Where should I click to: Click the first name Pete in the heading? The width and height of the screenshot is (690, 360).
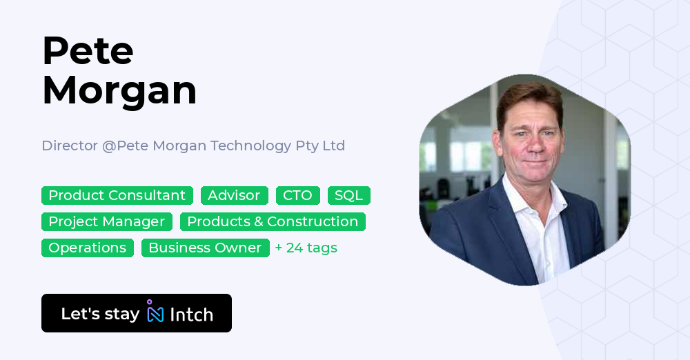coord(88,50)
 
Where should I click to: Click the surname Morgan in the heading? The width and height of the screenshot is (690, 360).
coord(119,90)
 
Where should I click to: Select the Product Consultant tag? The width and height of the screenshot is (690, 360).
coord(117,195)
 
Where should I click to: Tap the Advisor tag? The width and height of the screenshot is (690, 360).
coord(234,195)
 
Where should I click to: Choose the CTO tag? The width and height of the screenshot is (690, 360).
coord(298,195)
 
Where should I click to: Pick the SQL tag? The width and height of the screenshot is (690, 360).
coord(348,195)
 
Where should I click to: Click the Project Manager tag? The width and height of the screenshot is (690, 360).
coord(106,221)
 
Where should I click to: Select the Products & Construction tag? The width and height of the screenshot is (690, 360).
coord(273,221)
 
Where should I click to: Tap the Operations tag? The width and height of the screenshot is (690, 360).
coord(87,248)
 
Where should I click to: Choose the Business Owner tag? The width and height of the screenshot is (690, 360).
coord(205,248)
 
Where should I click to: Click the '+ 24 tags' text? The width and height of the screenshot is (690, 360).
coord(306,248)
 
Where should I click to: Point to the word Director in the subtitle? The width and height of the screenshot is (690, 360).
coord(70,146)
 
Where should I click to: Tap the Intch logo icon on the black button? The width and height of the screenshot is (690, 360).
coord(155,312)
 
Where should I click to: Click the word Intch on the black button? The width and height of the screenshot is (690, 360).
coord(191,314)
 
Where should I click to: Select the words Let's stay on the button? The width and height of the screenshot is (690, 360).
coord(100,314)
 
